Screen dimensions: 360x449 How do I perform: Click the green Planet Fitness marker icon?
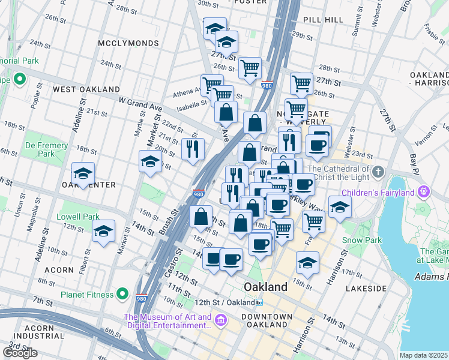(122, 294)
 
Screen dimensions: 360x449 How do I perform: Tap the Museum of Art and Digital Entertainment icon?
(221, 321)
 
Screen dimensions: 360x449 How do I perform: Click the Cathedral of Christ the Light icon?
(378, 173)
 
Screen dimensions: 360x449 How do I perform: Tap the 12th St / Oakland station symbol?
(258, 302)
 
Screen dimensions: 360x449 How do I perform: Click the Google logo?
(20, 353)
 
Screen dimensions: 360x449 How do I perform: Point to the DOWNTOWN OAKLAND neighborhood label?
(267, 320)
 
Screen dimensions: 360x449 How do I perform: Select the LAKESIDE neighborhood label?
(364, 289)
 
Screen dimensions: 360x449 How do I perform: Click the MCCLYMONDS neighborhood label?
(130, 43)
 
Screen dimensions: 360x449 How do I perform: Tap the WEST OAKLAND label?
(86, 89)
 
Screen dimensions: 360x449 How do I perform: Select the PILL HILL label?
(323, 20)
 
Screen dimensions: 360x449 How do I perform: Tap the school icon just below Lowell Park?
(103, 231)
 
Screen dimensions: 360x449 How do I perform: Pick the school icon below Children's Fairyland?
(340, 208)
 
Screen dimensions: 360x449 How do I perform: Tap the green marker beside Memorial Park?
(19, 79)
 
